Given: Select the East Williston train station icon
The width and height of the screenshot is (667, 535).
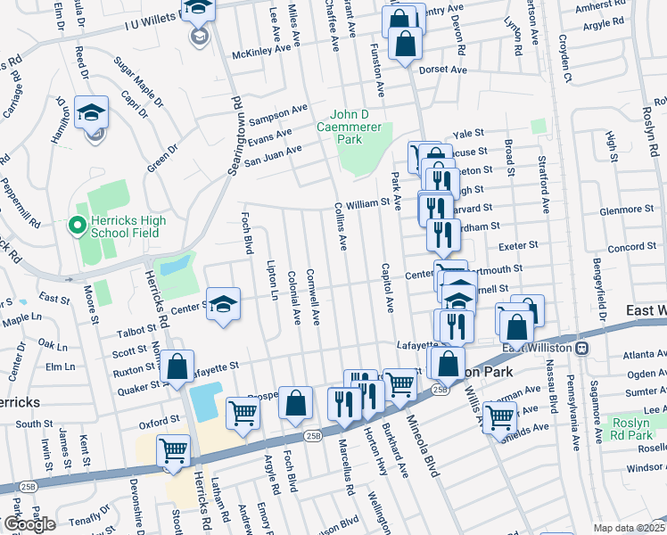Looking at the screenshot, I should coord(581,347).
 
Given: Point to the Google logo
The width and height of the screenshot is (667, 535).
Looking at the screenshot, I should coord(29,524).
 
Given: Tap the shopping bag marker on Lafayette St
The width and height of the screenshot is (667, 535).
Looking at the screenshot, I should coord(177,365).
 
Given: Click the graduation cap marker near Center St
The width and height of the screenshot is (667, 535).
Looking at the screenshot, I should coord(224,303).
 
